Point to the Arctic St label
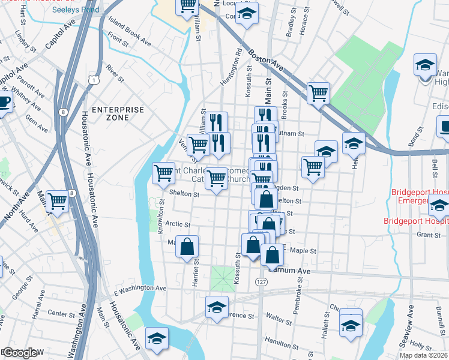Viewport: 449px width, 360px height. (x=178, y=224)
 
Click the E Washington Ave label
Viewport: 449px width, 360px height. (x=140, y=289)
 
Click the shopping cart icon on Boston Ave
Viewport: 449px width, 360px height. (x=318, y=92)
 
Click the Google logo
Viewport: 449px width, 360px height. (x=22, y=353)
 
